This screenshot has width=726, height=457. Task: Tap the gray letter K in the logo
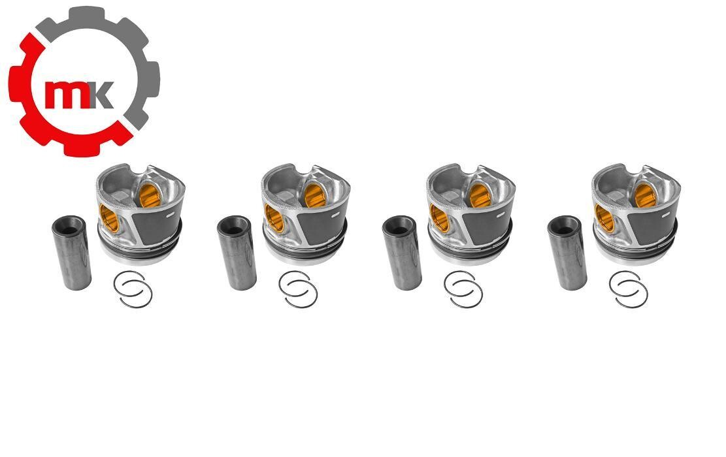pos(101,95)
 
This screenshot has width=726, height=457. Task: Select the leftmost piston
pos(140,213)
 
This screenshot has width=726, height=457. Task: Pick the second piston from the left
pos(306,213)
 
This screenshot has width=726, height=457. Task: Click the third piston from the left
pos(471,213)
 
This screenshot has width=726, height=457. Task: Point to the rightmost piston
pos(636,213)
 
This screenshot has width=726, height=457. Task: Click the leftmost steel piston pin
pos(71,253)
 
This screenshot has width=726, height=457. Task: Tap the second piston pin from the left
pos(237,253)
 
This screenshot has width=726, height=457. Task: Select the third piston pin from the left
pos(402,253)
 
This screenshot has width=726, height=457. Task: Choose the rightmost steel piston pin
pos(567,253)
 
